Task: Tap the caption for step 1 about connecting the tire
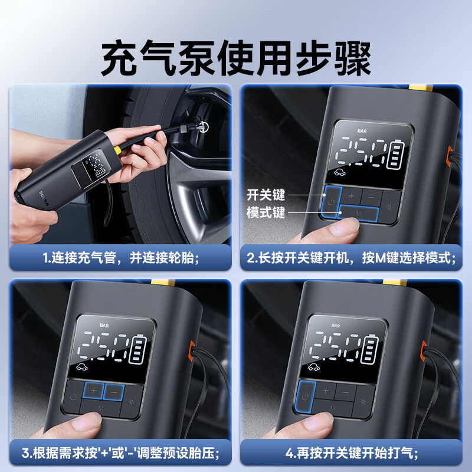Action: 120,257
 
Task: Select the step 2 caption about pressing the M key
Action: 352,257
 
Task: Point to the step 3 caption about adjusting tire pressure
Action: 120,453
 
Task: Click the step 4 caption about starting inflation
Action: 352,453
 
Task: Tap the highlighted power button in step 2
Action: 330,199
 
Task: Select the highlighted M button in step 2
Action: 359,214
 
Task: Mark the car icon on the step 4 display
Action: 315,367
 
